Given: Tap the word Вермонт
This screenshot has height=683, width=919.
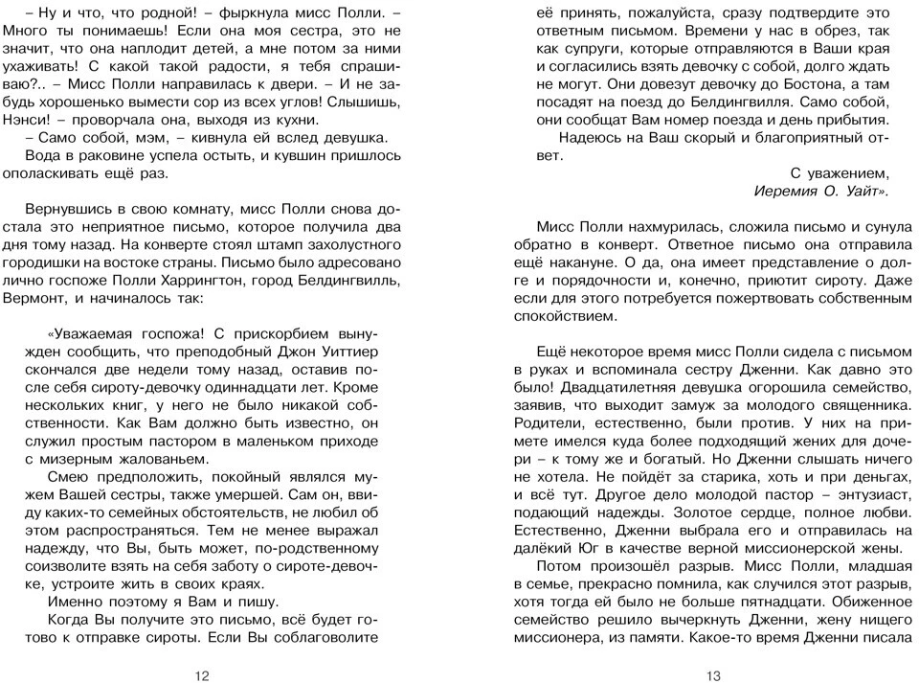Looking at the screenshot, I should tap(31, 298).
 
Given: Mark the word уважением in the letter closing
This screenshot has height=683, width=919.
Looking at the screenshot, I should tap(849, 172).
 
